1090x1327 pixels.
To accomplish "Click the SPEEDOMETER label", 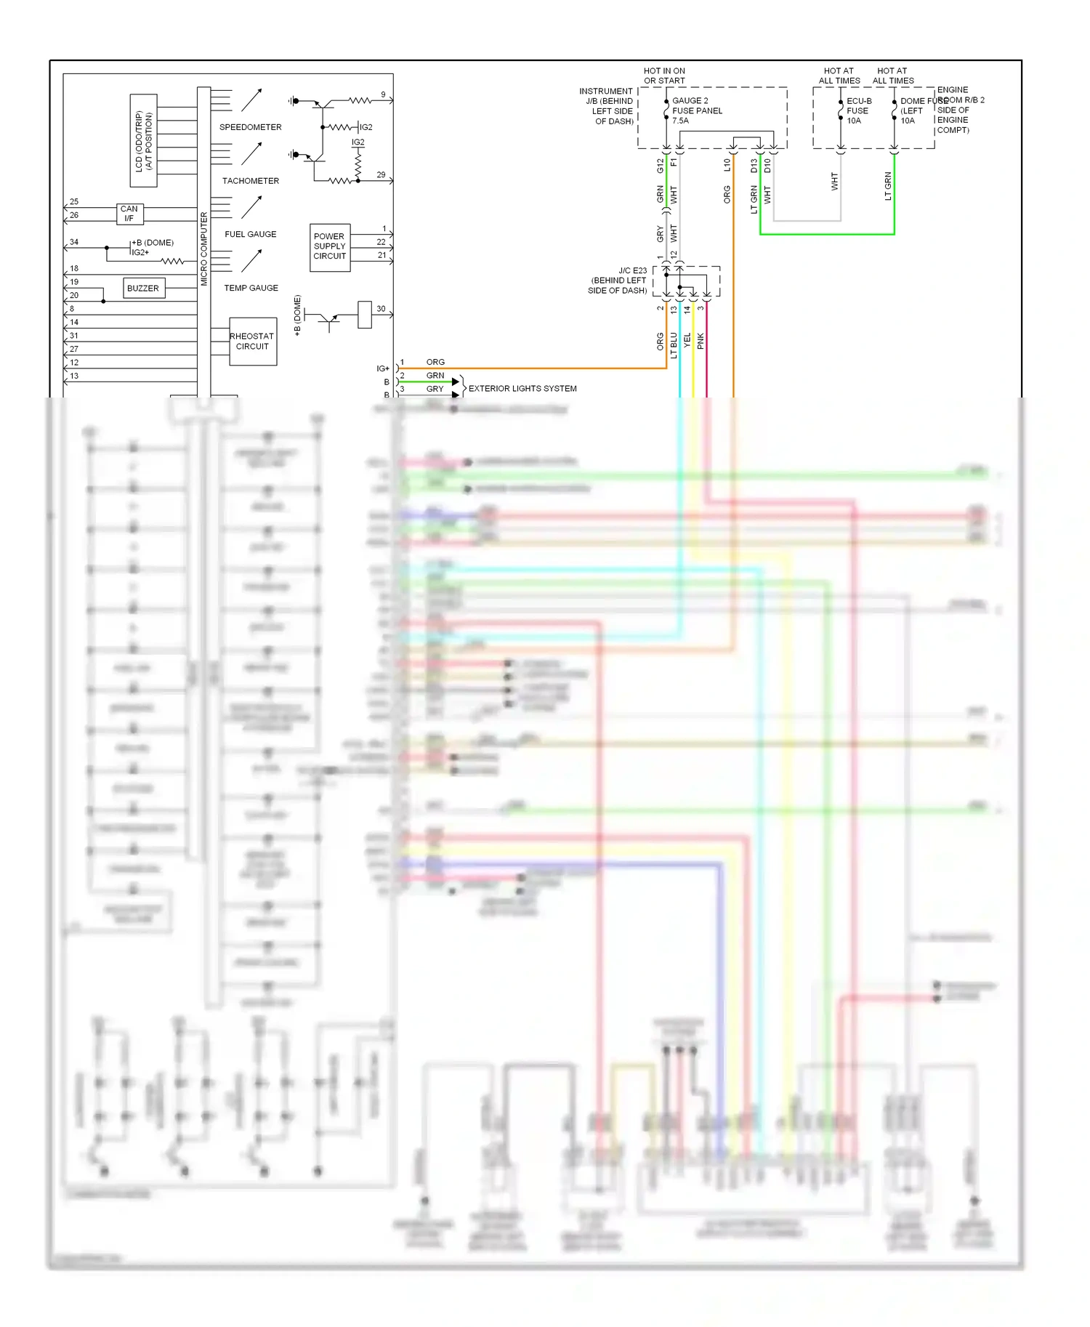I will (250, 127).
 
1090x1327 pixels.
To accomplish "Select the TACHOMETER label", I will (250, 181).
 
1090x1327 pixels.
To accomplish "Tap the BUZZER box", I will (143, 289).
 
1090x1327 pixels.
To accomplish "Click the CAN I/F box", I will (129, 214).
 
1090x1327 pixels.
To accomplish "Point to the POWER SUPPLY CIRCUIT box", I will (330, 246).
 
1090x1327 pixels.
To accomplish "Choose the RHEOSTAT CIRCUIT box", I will (252, 342).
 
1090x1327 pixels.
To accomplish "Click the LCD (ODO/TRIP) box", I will (144, 140).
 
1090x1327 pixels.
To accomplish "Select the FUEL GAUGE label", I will (250, 234).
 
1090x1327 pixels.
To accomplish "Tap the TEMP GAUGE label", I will (251, 288).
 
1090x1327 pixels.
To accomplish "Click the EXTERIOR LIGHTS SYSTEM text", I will (522, 389).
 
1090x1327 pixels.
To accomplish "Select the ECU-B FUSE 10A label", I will (858, 110).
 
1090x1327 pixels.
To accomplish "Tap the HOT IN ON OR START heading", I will (664, 76).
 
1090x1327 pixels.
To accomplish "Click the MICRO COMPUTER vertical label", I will (204, 249).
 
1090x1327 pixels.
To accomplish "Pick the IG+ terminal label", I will (383, 368).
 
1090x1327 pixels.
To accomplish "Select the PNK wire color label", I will (701, 340).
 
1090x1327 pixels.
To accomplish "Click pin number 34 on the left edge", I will (74, 242).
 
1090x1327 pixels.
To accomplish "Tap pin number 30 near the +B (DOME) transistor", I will (381, 309).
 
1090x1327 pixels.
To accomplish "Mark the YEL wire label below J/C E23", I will (687, 340).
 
